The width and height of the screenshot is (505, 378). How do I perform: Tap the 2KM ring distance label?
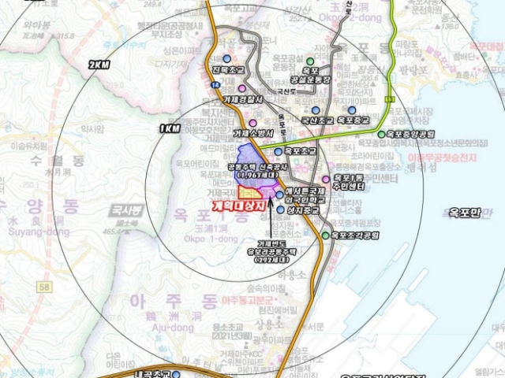[x=100, y=65]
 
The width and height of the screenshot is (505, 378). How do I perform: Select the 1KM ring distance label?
[x=169, y=128]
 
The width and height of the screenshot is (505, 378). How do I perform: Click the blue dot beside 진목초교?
[x=227, y=58]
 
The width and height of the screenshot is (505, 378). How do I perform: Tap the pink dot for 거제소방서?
[x=252, y=123]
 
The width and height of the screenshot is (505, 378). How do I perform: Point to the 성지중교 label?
[x=307, y=211]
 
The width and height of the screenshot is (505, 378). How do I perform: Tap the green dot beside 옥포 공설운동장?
[x=311, y=61]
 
